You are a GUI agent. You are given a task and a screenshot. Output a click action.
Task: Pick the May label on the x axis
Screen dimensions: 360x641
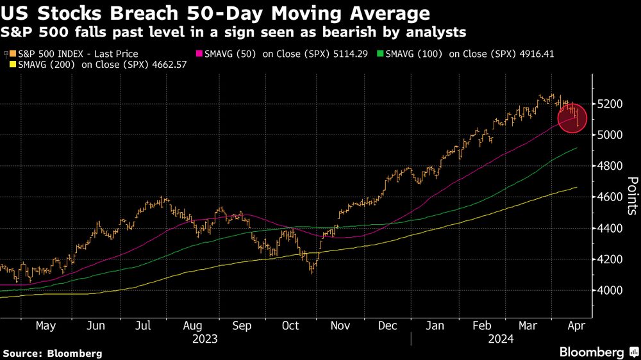(46, 325)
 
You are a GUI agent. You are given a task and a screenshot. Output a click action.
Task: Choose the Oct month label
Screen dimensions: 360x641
(290, 325)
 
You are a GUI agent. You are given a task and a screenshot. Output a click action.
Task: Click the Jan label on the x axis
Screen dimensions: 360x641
(435, 325)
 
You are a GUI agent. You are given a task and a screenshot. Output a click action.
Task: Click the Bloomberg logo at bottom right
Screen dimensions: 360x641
(592, 352)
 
